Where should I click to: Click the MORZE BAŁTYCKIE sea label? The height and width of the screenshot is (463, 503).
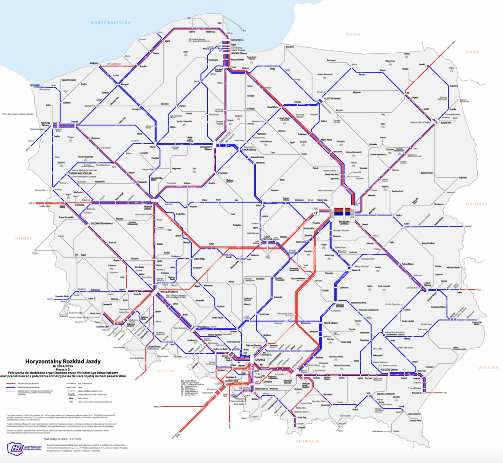point(111,22)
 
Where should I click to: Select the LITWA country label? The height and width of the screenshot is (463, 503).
point(472,52)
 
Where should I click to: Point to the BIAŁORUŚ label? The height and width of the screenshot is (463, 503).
point(475,204)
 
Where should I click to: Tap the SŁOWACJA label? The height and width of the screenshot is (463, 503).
point(307,441)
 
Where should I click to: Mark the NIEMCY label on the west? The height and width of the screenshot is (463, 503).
point(24,238)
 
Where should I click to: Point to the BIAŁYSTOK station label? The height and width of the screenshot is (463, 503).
point(446,123)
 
